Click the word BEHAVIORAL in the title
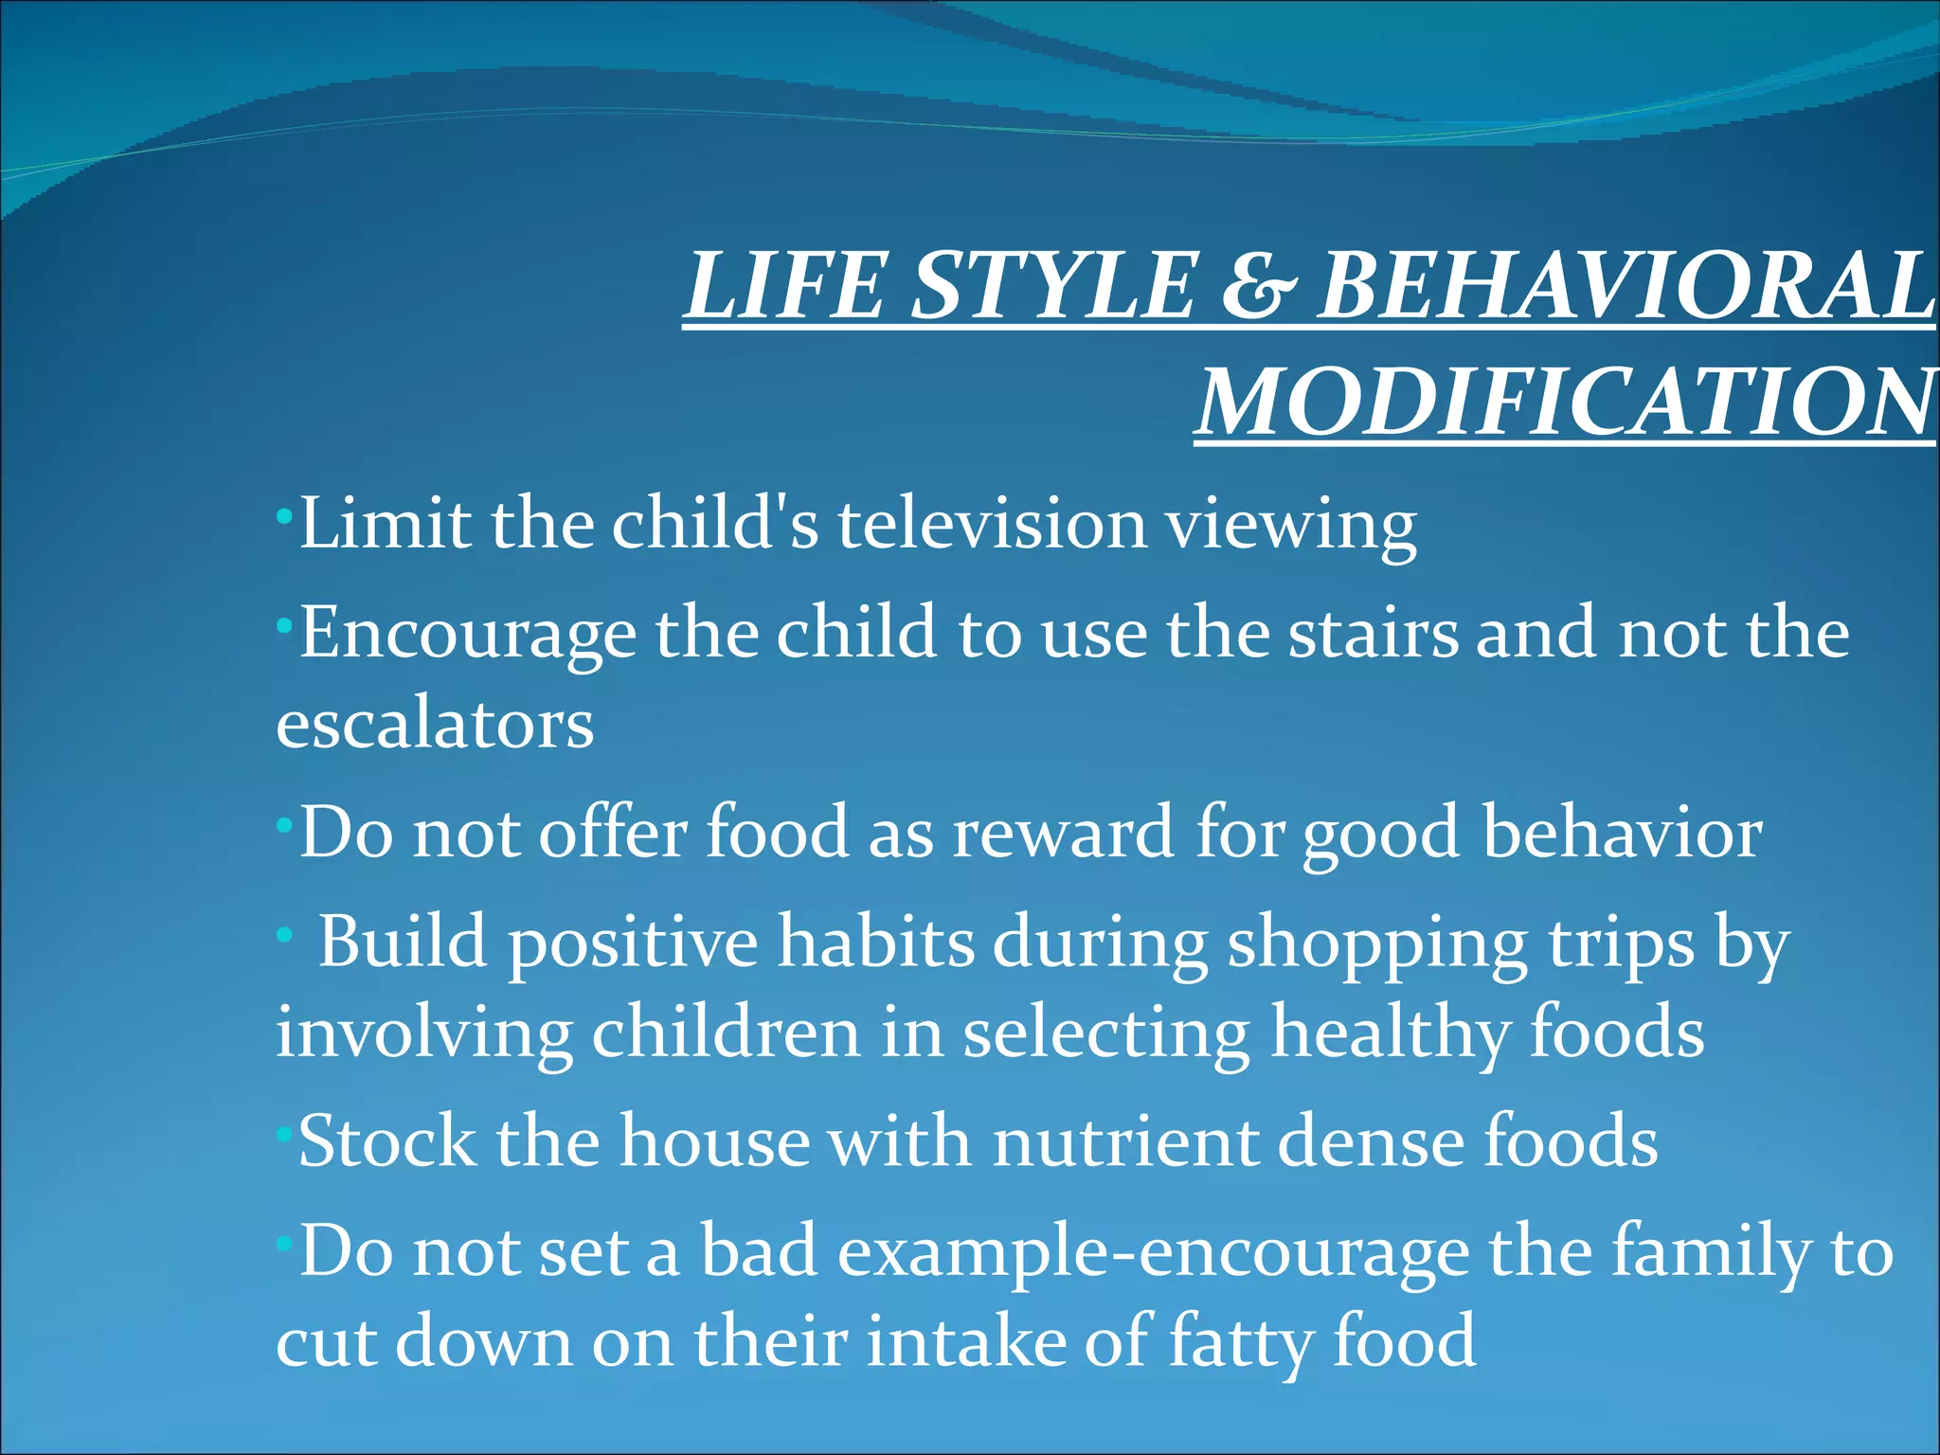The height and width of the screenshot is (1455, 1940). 1625,286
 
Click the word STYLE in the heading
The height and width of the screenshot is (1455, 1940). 1053,286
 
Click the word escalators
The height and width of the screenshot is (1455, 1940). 435,725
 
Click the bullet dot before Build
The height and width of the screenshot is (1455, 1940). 282,934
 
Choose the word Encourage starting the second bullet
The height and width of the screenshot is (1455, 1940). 468,635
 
